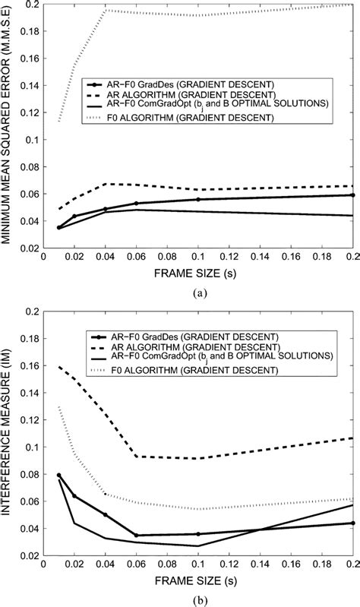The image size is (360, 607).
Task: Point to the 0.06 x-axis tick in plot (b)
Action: (x=136, y=566)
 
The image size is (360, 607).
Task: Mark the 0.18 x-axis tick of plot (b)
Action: (x=324, y=566)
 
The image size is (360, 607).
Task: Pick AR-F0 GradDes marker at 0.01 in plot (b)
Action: (x=58, y=476)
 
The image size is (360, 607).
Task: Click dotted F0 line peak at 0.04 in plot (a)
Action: (x=105, y=10)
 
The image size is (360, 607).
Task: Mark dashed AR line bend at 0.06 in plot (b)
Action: (x=136, y=456)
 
